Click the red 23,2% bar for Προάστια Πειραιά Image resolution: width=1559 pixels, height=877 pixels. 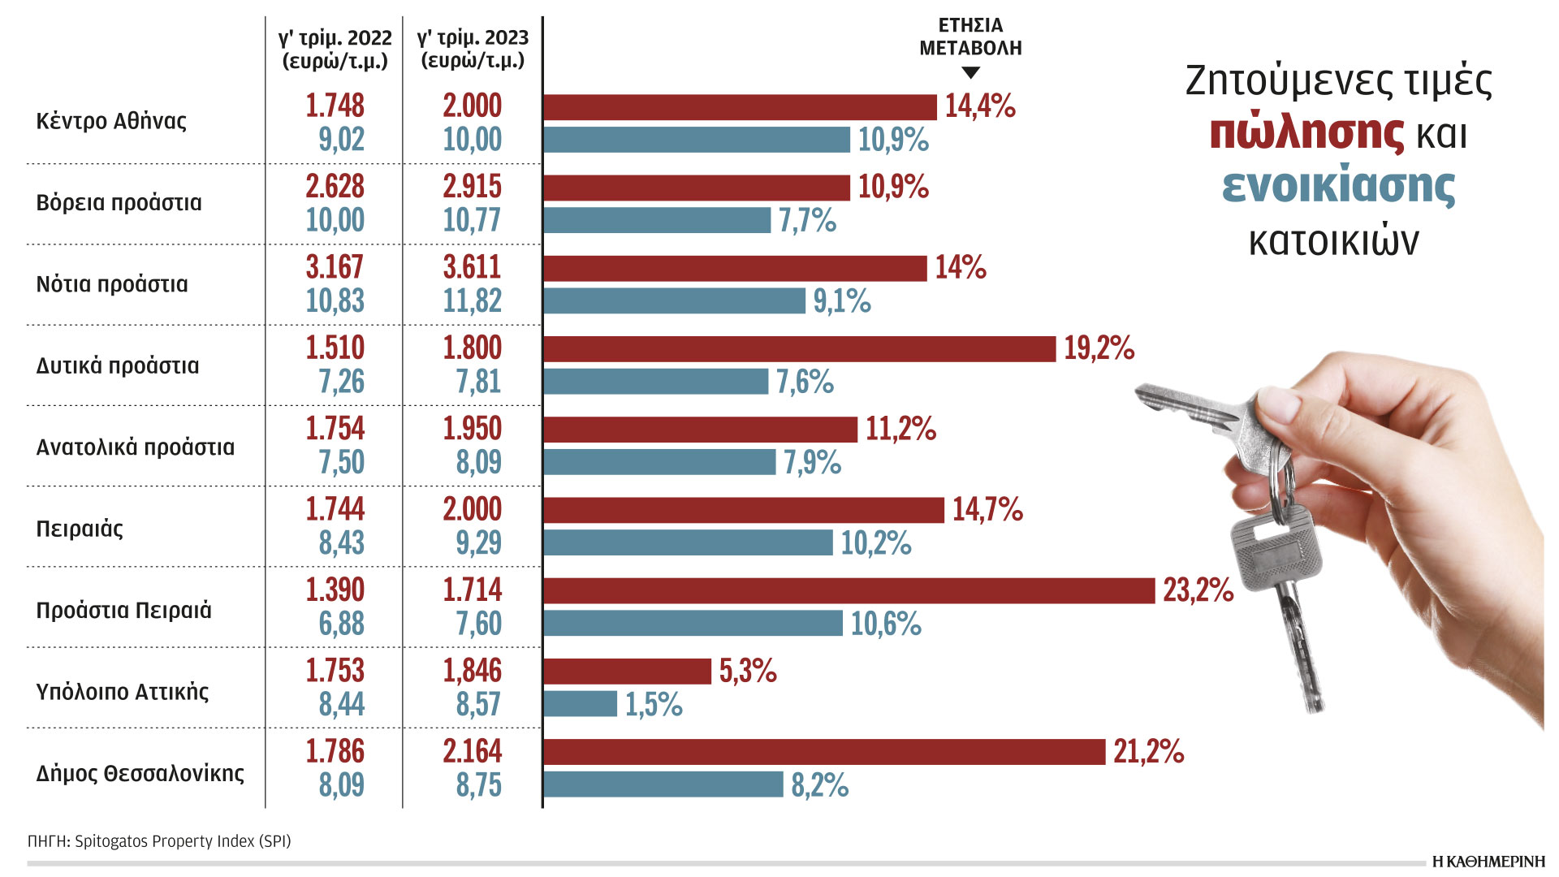click(849, 590)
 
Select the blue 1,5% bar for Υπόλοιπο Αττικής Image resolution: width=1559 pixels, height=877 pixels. click(581, 704)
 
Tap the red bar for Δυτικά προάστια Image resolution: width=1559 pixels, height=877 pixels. click(799, 348)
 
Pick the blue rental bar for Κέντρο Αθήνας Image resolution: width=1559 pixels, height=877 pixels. click(697, 140)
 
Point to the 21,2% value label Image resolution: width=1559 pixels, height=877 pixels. click(1148, 752)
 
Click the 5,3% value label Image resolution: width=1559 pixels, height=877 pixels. click(748, 672)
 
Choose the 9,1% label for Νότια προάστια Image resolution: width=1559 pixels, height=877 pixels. click(842, 301)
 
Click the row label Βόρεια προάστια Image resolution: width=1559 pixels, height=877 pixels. click(119, 203)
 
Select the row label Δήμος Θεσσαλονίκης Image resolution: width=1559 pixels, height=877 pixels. click(140, 773)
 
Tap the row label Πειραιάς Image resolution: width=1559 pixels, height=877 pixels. click(80, 529)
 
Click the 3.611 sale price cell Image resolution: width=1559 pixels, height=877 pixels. click(472, 267)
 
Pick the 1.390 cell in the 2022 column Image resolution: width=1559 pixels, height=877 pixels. click(335, 590)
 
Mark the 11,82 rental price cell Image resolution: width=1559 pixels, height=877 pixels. click(472, 301)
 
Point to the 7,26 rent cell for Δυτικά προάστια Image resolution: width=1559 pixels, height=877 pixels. click(341, 382)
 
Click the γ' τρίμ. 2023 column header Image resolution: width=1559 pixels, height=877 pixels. click(473, 49)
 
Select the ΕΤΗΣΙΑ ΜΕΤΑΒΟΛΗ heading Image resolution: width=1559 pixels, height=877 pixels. click(970, 37)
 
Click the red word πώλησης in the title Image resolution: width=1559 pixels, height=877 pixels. click(1306, 132)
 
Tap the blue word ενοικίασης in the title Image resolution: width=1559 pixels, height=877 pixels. click(1338, 186)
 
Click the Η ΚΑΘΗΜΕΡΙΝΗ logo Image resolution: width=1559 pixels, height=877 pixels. click(1488, 862)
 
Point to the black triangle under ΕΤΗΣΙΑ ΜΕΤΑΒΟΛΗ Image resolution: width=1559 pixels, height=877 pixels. click(970, 73)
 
